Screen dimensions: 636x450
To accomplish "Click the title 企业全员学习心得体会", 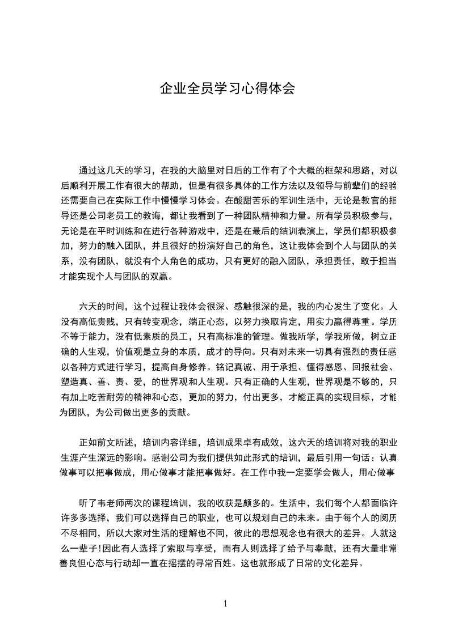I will click(227, 89).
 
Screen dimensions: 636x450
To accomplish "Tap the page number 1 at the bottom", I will click(225, 603).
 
